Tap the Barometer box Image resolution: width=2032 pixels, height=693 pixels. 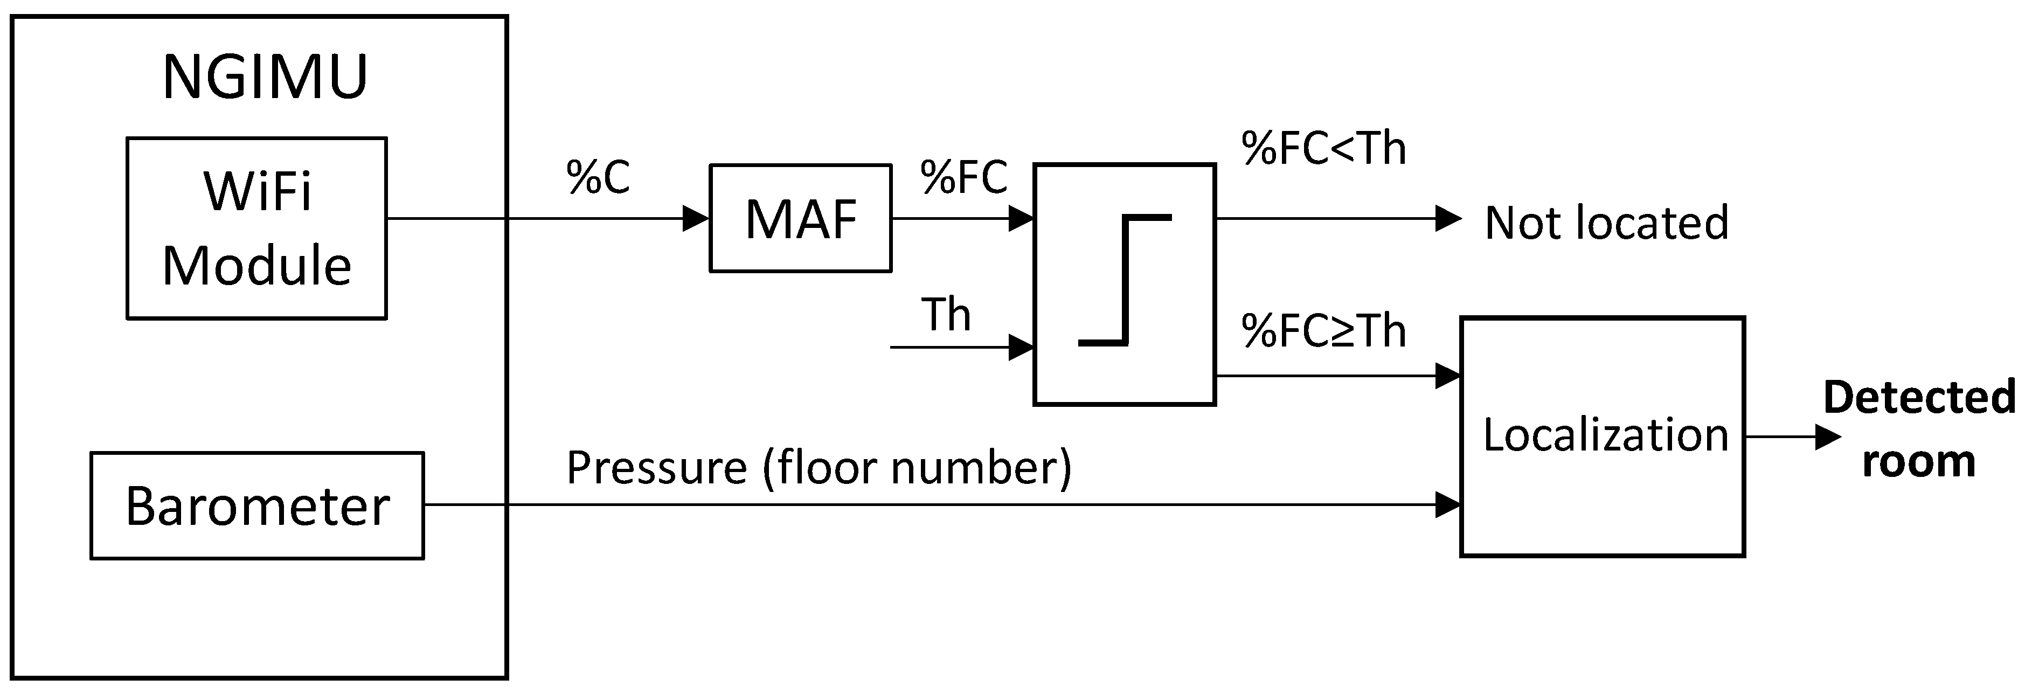(257, 505)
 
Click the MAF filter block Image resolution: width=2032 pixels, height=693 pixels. (801, 219)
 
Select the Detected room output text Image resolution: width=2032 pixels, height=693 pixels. (1918, 428)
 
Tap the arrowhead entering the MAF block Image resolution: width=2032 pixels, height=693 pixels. (696, 219)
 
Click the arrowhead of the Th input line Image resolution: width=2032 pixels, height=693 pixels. (1021, 347)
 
